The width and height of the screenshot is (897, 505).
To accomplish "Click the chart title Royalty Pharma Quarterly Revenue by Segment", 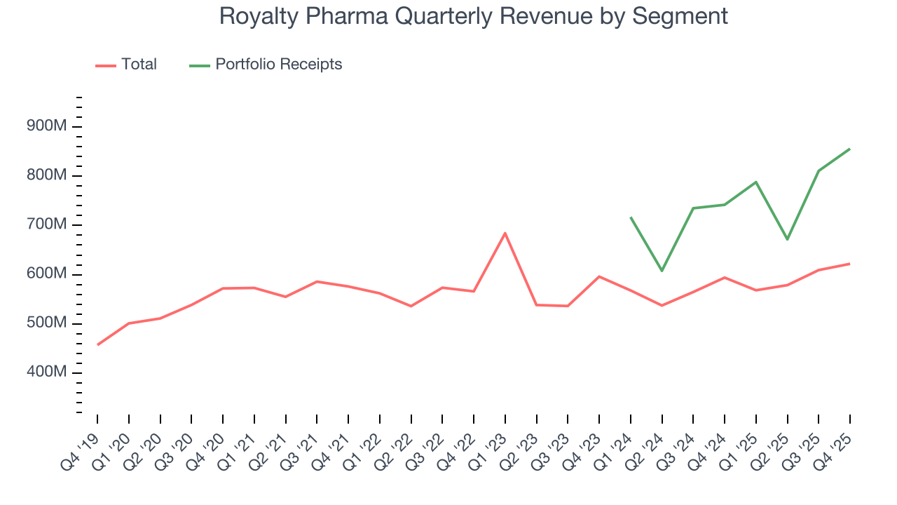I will coord(473,15).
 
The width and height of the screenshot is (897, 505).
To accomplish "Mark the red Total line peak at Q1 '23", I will coord(505,233).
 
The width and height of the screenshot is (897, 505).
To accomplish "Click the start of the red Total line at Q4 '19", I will coord(97,344).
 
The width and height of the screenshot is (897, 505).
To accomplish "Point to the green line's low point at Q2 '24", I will coord(662,271).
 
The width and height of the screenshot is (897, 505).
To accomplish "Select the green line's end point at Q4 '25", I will coord(850,149).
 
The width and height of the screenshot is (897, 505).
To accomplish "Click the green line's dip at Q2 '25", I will coord(788,240).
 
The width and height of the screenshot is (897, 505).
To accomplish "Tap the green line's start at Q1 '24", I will coord(631,217).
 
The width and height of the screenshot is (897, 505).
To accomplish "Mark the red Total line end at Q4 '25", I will coord(850,264).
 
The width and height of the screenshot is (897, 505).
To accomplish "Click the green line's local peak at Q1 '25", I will coord(756,182).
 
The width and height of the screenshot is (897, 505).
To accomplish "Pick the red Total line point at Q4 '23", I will coord(599,276).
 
